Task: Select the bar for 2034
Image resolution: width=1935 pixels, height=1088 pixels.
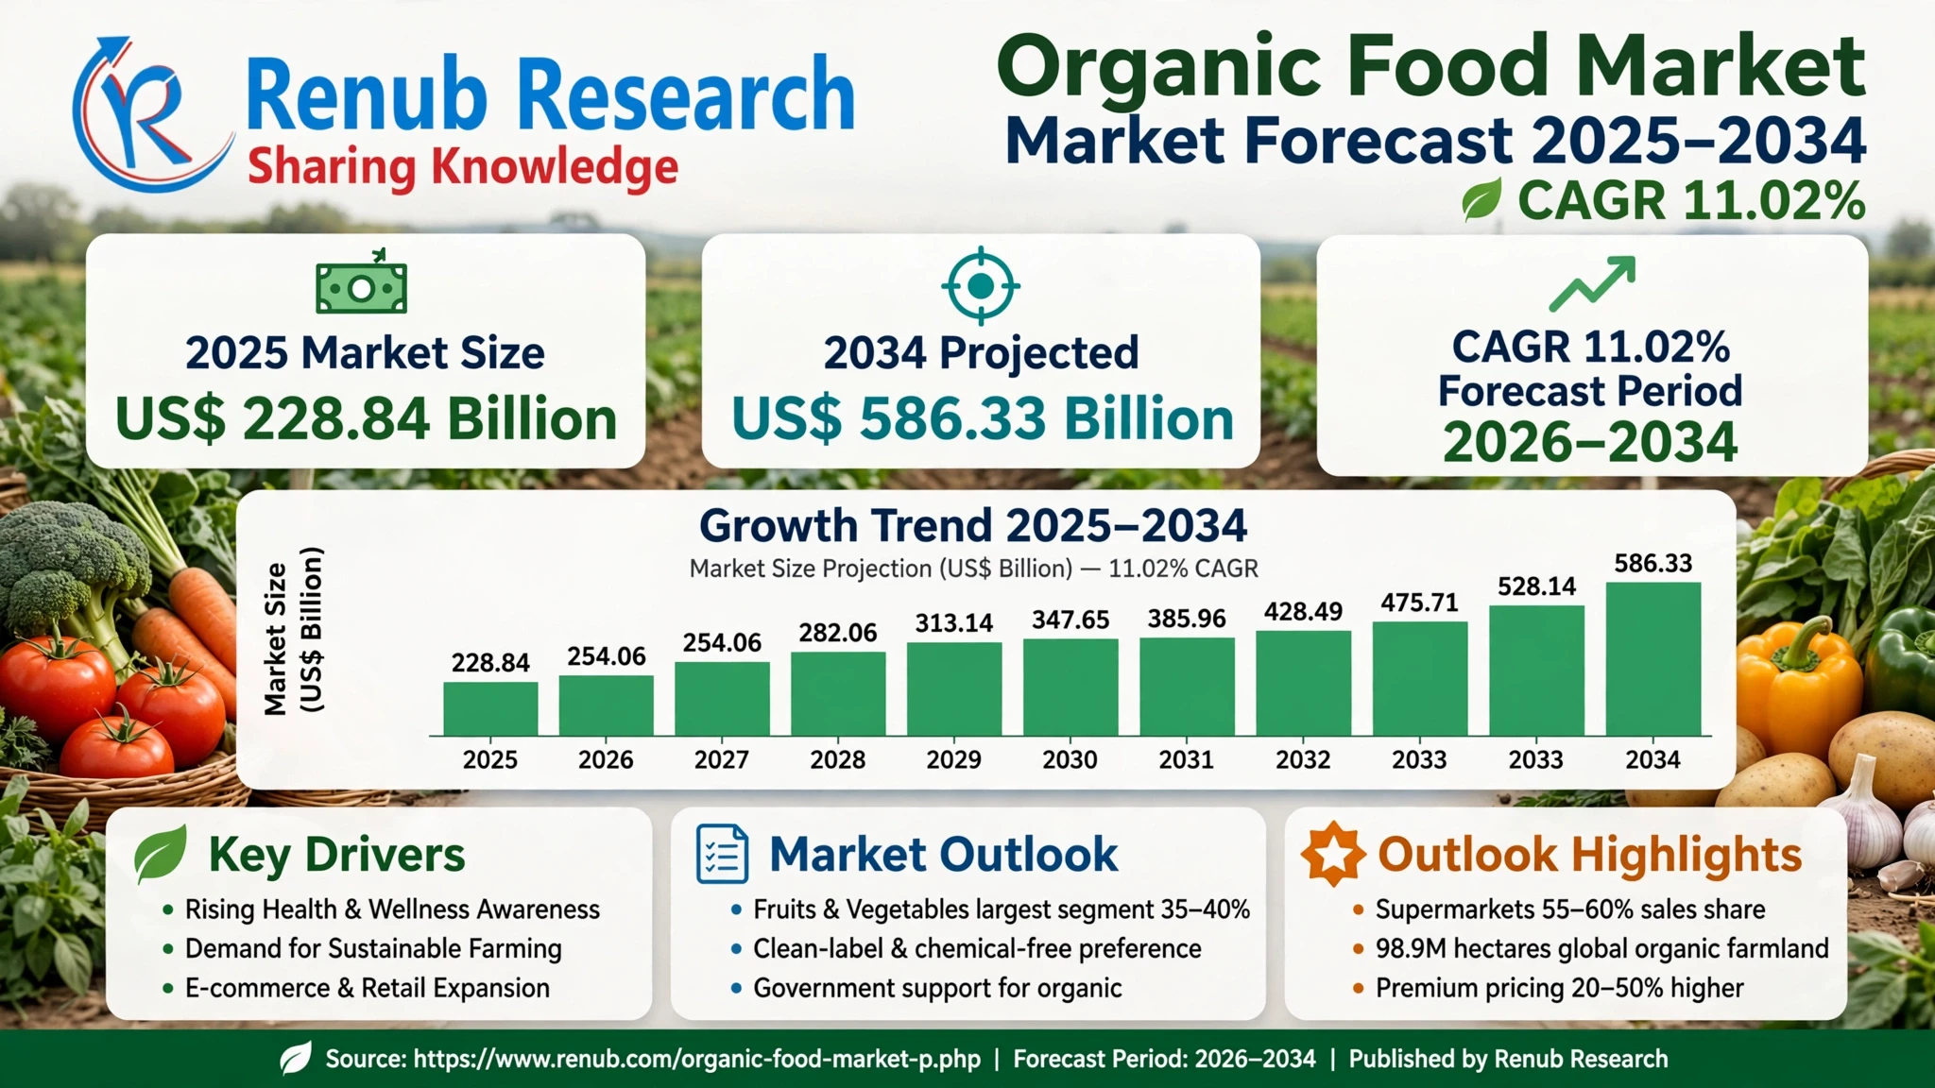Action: [x=1652, y=658]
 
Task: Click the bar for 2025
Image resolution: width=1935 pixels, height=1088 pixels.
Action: [x=490, y=708]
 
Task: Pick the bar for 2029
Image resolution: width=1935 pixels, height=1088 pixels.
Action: [x=954, y=688]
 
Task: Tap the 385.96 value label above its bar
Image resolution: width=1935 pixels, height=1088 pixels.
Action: [x=1187, y=619]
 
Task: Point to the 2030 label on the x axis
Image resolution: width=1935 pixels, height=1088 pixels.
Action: [x=1070, y=759]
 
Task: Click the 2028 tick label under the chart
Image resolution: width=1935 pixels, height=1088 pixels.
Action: [x=838, y=759]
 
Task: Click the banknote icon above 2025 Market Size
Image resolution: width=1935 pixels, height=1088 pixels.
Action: [x=362, y=282]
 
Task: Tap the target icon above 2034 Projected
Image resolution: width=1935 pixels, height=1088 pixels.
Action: [x=981, y=285]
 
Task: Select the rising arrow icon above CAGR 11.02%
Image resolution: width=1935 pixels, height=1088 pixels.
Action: [x=1592, y=283]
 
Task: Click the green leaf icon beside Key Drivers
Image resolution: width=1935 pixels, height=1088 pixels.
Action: [x=160, y=854]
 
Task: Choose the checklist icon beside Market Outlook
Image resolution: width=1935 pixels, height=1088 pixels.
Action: [x=722, y=854]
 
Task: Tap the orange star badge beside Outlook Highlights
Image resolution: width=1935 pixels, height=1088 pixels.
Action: [x=1333, y=854]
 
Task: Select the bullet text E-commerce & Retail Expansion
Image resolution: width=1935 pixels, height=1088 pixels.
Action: [x=368, y=988]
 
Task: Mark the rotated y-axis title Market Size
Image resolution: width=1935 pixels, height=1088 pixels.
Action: [x=275, y=638]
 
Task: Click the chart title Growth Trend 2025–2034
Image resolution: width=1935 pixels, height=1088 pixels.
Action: [x=973, y=525]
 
